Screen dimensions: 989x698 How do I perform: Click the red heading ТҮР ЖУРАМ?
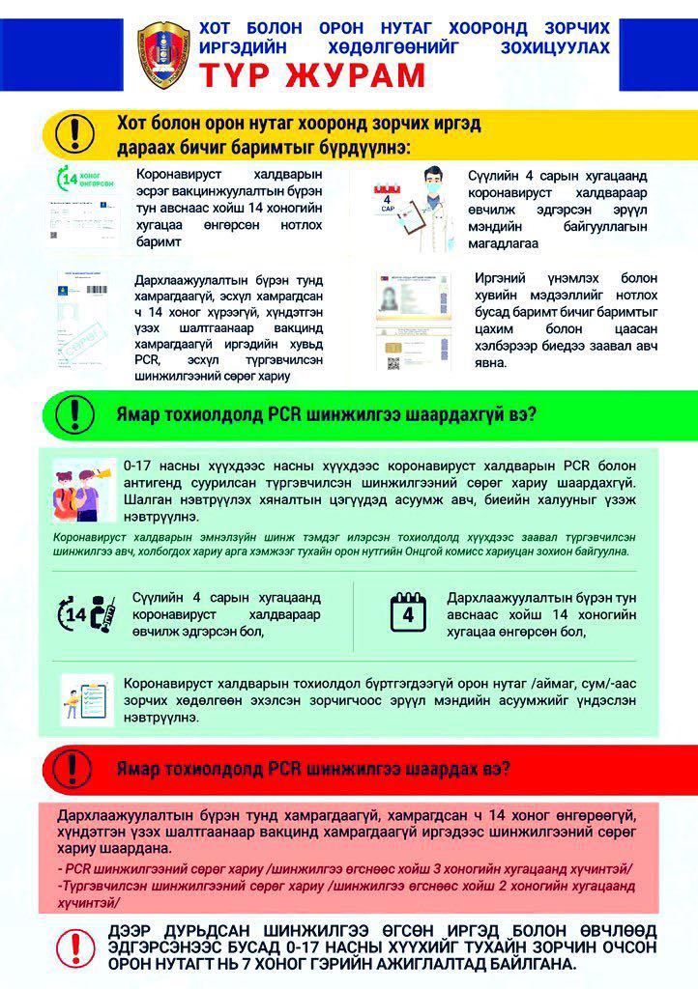click(312, 75)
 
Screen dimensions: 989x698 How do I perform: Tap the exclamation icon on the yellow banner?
click(74, 130)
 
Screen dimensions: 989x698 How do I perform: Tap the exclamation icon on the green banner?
click(74, 413)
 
